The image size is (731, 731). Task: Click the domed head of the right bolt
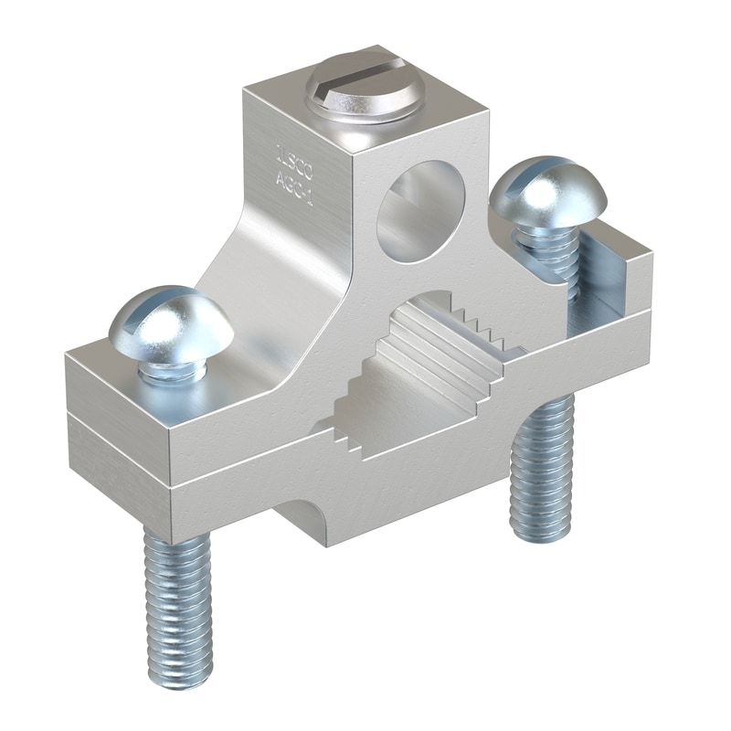[x=545, y=192]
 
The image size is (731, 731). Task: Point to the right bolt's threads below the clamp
[x=543, y=475]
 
